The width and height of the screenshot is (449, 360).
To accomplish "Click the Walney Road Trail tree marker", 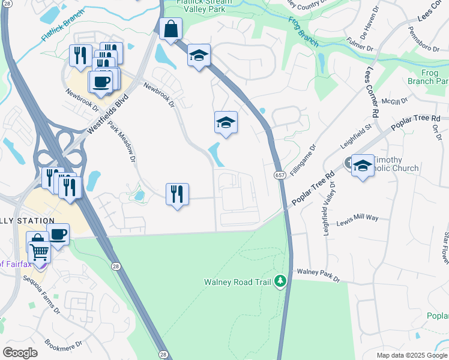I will click(x=280, y=281).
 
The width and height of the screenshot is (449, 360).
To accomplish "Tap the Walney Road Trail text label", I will click(x=238, y=281).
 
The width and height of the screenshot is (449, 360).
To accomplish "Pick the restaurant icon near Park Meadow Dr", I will click(x=177, y=194).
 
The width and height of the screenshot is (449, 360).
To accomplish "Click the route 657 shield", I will click(x=280, y=175).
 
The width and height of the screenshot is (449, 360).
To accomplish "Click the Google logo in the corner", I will click(x=20, y=352).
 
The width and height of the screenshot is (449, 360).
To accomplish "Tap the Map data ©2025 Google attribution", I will click(x=411, y=355).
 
